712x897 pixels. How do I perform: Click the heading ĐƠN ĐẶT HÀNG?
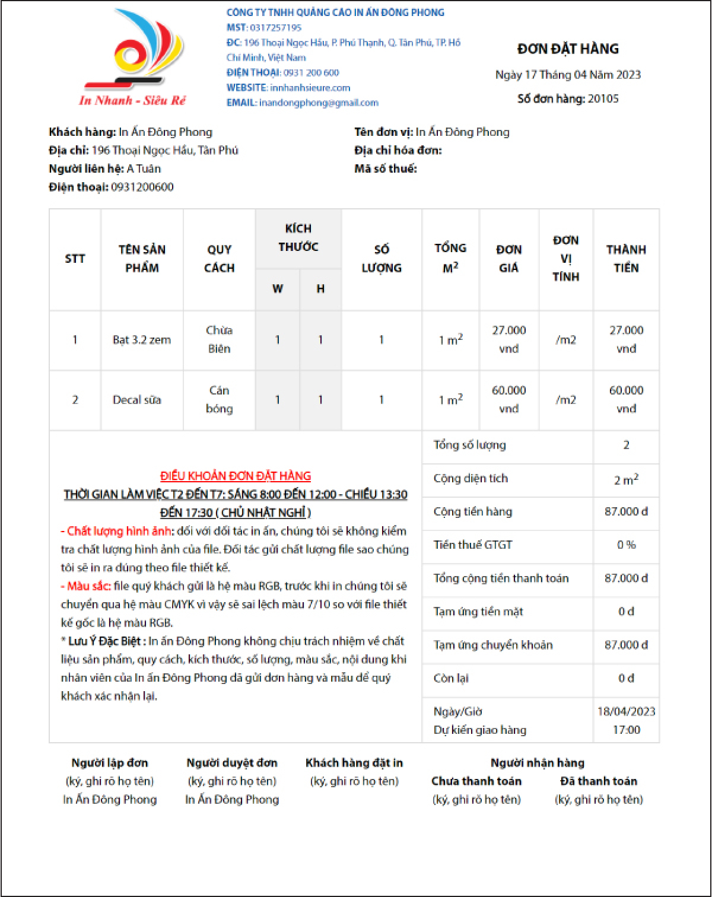(x=568, y=49)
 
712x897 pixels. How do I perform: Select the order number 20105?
(x=603, y=99)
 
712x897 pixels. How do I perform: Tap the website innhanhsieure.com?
(x=310, y=88)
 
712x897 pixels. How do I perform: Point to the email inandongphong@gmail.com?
(x=319, y=103)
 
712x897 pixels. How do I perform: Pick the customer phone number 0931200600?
(x=142, y=187)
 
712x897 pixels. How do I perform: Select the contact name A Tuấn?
(x=144, y=169)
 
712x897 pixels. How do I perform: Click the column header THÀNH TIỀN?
(x=626, y=259)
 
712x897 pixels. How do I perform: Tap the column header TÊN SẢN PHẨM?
(x=142, y=259)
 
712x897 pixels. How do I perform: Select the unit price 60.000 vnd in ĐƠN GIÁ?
(x=508, y=399)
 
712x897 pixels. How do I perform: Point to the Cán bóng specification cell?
(x=219, y=400)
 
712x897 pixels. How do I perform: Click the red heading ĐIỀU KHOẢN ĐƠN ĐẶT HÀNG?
(x=236, y=476)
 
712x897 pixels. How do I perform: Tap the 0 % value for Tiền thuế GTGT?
(x=626, y=545)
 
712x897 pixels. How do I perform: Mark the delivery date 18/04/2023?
(x=626, y=712)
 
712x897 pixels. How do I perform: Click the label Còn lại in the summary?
(x=451, y=679)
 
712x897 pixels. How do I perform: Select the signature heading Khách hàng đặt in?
(x=354, y=764)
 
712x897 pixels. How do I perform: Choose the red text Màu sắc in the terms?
(x=88, y=587)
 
